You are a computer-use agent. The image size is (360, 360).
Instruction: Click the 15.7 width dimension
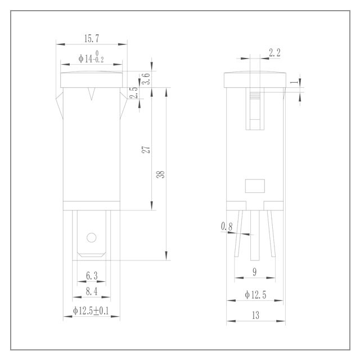(x=92, y=39)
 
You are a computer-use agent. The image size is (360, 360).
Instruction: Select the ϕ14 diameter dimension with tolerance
(x=91, y=57)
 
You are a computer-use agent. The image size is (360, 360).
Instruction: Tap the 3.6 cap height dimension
(x=146, y=79)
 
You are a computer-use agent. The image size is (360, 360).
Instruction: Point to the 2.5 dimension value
(x=134, y=92)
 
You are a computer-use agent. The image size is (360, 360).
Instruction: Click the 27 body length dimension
(x=146, y=150)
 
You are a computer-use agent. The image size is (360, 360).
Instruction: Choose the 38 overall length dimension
(x=160, y=174)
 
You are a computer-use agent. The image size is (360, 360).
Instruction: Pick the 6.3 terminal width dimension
(x=92, y=276)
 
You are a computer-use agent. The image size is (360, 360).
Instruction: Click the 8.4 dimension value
(x=92, y=291)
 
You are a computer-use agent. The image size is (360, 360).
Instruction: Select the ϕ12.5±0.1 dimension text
(x=91, y=311)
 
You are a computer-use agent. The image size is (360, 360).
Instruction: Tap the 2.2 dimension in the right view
(x=274, y=53)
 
